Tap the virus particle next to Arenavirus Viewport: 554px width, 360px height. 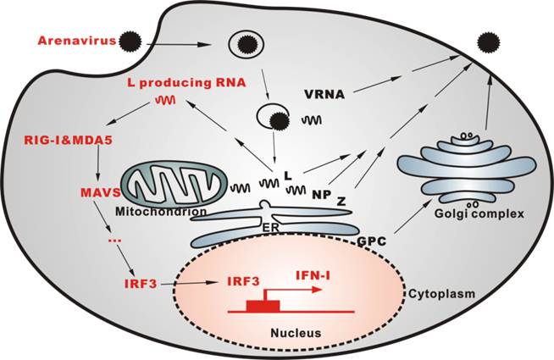pos(131,40)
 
